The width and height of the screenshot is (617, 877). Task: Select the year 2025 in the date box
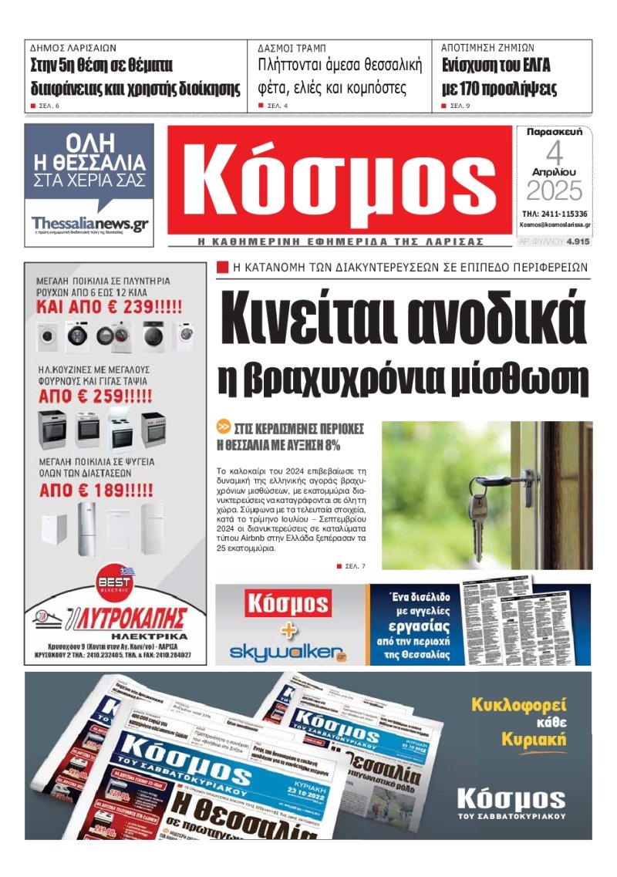555,191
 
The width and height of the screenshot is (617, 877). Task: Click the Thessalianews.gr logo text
89,224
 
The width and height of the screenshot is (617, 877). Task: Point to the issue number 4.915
578,241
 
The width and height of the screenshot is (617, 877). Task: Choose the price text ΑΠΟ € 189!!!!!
96,490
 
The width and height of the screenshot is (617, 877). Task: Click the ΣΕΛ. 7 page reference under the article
355,567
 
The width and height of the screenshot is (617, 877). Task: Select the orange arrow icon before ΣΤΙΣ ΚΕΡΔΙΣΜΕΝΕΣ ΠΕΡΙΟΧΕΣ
224,427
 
